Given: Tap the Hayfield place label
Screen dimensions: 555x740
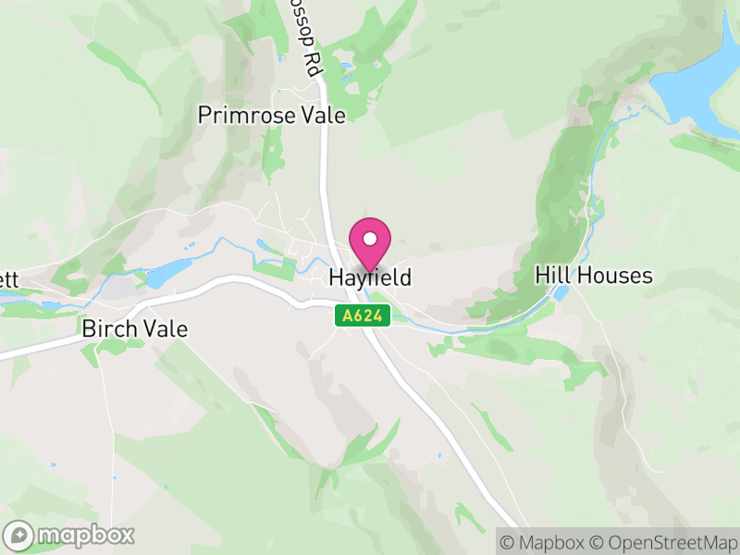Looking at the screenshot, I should [370, 277].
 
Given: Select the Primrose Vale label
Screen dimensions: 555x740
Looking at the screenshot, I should [272, 116].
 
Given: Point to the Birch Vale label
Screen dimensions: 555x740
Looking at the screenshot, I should [134, 328].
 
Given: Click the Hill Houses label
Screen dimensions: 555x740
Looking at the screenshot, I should [594, 276].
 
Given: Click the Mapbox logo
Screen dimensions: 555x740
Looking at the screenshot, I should [70, 535].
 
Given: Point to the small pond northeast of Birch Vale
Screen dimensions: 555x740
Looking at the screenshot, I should [168, 273].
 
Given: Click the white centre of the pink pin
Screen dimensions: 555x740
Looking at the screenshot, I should [370, 239].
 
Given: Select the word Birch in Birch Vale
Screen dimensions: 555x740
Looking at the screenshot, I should [108, 328].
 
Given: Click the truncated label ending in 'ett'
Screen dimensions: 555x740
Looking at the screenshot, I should [8, 277].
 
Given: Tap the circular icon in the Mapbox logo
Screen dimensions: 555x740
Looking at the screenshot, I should [19, 535].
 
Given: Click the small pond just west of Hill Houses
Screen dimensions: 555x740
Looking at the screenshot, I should [561, 294].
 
